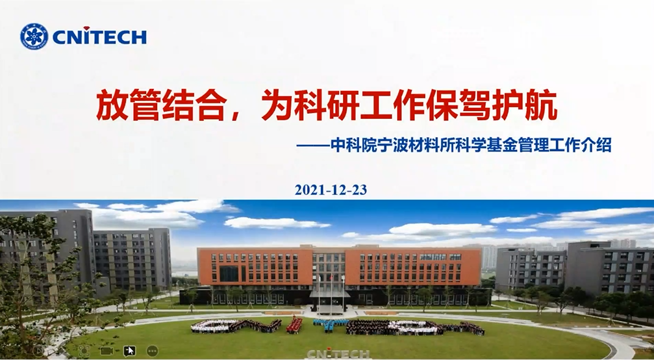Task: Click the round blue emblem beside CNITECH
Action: (34, 36)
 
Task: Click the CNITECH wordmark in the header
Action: (99, 36)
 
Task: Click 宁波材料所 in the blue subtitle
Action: (412, 145)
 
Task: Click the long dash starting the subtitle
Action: (313, 146)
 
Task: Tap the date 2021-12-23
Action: (331, 190)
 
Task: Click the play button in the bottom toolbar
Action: (39, 351)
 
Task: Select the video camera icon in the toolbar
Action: (107, 351)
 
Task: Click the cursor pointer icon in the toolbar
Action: (130, 351)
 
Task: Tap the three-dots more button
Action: (152, 351)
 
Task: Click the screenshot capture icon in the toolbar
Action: (84, 351)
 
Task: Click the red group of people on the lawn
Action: (294, 325)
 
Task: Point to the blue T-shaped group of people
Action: (329, 324)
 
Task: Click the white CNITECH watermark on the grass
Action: (338, 354)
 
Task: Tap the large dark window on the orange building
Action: (229, 274)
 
